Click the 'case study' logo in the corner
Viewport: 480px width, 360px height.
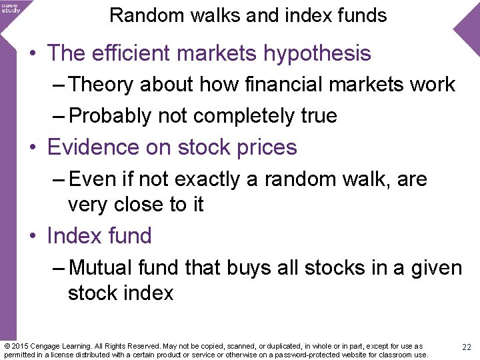click(x=11, y=7)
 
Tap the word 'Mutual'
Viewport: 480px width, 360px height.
click(x=101, y=268)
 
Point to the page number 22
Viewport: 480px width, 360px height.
click(x=467, y=347)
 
